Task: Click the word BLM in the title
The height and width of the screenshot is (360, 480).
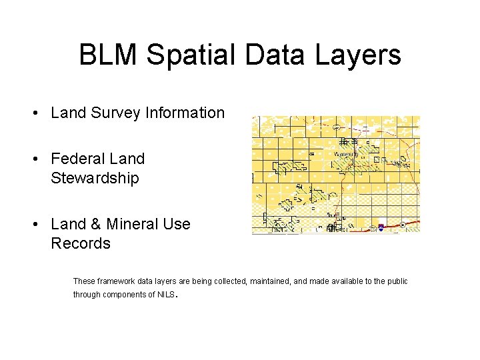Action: [x=108, y=55]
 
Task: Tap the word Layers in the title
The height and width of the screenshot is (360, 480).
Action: [x=357, y=55]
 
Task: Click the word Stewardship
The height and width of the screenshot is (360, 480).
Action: [x=95, y=178]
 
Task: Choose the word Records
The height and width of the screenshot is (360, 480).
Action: [x=80, y=243]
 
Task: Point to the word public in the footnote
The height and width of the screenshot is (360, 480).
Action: [x=396, y=281]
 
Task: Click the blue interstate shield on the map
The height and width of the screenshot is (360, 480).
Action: [x=380, y=227]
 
